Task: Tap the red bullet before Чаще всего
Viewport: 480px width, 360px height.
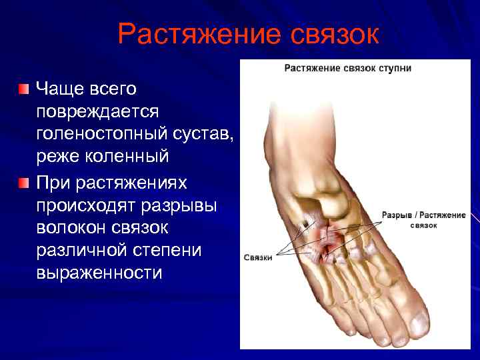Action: coord(24,89)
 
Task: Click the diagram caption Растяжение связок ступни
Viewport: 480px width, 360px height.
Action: coord(347,68)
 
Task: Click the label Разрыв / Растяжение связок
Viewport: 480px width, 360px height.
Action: coord(423,220)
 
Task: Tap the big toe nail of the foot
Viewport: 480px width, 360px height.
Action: coord(419,323)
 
